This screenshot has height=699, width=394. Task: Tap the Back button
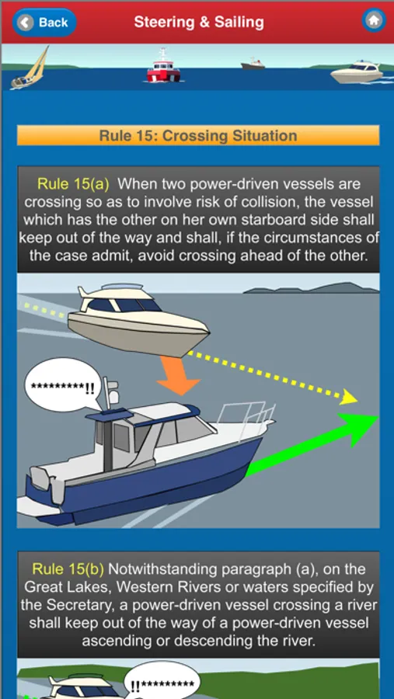pos(44,23)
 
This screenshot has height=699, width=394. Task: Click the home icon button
pos(374,20)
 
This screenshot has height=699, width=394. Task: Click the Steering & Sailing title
pos(199,23)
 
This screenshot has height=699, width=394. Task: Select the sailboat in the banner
pos(30,68)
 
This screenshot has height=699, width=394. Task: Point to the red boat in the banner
pos(163,68)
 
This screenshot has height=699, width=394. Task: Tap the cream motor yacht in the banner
pos(356,73)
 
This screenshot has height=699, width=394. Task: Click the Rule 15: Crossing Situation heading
pos(198,135)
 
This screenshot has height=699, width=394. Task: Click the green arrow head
pos(358,429)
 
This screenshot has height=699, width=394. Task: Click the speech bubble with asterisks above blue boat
pos(64,385)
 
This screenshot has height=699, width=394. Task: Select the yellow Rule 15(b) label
pos(68,569)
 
